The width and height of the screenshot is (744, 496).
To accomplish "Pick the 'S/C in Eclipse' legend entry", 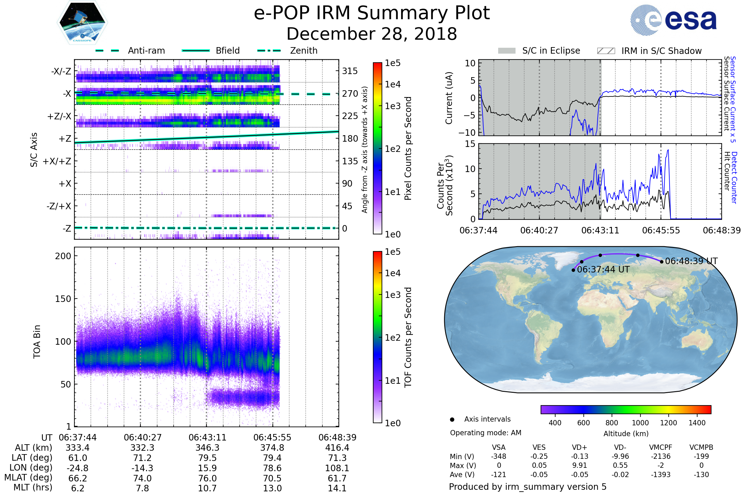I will (x=539, y=51).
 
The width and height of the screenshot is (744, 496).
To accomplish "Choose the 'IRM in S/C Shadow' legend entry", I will (x=649, y=51).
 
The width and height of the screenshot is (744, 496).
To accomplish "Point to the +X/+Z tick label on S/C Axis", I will (x=57, y=161).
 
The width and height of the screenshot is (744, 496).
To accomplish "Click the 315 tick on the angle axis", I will (x=350, y=71).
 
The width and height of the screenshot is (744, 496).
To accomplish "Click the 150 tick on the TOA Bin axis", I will (x=63, y=299).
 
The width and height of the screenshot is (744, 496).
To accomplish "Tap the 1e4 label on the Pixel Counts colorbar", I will (x=392, y=84).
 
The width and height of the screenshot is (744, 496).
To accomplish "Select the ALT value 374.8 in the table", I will (x=272, y=448).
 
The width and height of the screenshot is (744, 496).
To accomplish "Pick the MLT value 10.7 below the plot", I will (x=207, y=488).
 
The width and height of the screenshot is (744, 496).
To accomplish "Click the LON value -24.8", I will (x=77, y=468).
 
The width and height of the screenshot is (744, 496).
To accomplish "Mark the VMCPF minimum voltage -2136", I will (x=661, y=456).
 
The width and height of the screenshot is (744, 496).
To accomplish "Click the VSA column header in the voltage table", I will (x=498, y=447).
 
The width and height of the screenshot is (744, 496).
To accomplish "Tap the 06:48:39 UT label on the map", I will (x=691, y=261).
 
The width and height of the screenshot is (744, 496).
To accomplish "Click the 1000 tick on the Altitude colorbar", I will (x=640, y=423).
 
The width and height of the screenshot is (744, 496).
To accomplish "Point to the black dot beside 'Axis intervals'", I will (x=452, y=419).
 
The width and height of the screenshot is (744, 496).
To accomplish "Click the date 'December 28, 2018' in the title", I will (x=372, y=34).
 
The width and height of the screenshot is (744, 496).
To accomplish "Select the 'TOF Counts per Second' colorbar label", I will (x=408, y=337).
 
